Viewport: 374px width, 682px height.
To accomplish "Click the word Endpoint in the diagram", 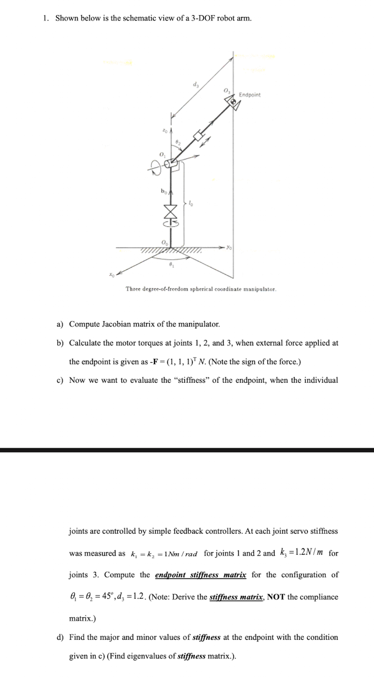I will click(x=250, y=95).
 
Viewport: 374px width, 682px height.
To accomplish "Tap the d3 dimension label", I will click(x=195, y=85).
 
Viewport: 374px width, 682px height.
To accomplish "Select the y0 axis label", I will click(x=229, y=248).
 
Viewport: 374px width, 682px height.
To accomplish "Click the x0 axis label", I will click(x=112, y=275).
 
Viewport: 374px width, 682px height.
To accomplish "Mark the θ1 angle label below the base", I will click(x=172, y=266).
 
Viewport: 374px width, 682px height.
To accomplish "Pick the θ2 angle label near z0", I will click(x=178, y=142).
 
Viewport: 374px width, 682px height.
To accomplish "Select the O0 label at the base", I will click(x=165, y=243).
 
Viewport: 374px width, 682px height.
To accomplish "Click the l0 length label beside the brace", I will click(x=191, y=204).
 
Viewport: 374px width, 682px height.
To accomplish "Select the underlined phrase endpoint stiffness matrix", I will click(x=200, y=574).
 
